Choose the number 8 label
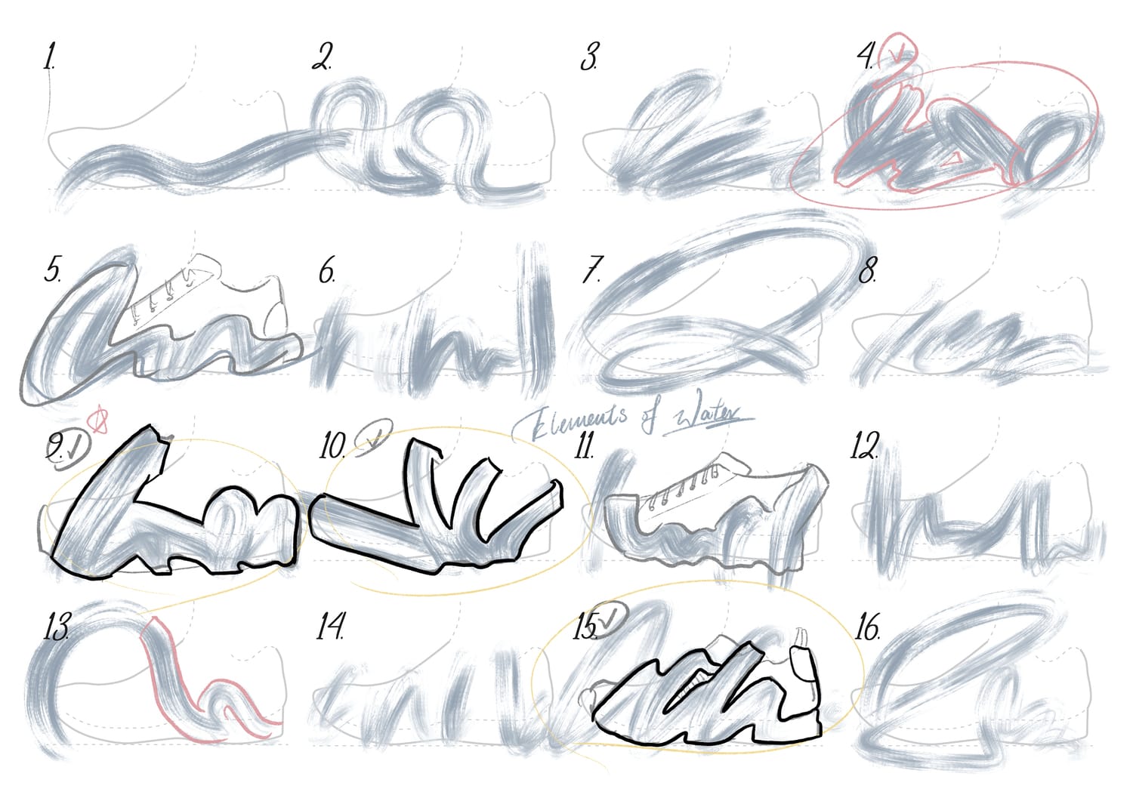click(x=868, y=270)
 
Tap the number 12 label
click(x=865, y=445)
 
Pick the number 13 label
click(x=56, y=627)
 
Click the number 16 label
click(x=868, y=627)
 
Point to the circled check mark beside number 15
click(x=609, y=618)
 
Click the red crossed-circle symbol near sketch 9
click(x=99, y=420)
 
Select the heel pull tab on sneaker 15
click(x=802, y=653)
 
